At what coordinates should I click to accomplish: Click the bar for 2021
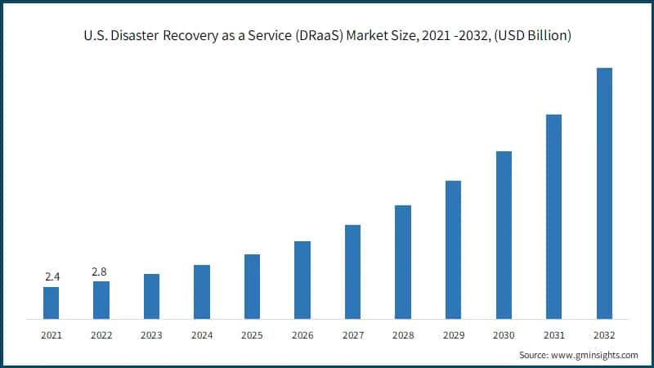click(51, 303)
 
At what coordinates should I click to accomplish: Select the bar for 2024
click(202, 292)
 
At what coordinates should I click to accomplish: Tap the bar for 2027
click(352, 272)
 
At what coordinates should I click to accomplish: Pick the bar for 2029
click(453, 249)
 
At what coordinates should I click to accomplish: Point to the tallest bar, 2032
click(604, 193)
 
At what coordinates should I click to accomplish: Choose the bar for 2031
click(553, 217)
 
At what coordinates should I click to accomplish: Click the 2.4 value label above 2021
click(52, 277)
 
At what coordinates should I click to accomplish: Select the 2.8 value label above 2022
click(101, 272)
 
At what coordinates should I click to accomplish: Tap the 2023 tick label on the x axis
click(151, 335)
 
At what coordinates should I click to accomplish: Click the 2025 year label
click(252, 335)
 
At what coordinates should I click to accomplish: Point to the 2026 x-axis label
click(302, 335)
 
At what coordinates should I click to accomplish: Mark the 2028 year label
click(403, 335)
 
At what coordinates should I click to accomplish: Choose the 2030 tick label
click(504, 335)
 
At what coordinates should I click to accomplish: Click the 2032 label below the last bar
click(604, 335)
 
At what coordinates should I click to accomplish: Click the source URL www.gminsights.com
click(595, 355)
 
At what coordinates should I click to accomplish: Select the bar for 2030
click(504, 235)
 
